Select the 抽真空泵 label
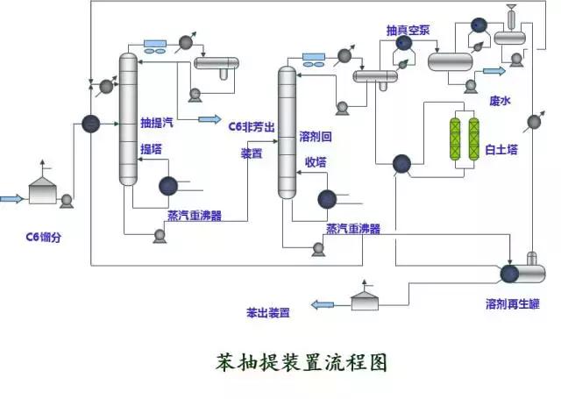(408, 30)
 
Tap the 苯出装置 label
(267, 311)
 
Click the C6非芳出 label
(252, 127)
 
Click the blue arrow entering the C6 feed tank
(11, 199)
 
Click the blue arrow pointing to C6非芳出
(209, 118)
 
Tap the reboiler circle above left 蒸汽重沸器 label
(168, 186)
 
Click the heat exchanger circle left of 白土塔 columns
(401, 163)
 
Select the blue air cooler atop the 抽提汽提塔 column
(158, 42)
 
